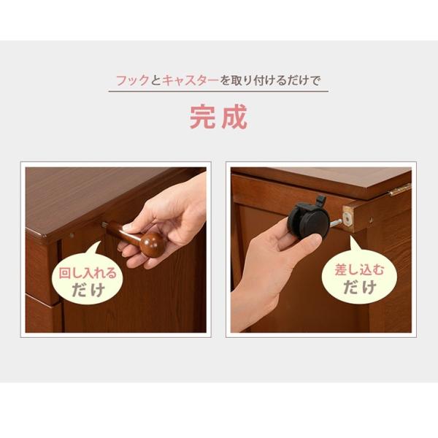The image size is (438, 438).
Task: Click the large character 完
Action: coord(204,117)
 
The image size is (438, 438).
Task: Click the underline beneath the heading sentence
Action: coord(218,91)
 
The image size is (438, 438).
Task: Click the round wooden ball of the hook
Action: coord(153,244)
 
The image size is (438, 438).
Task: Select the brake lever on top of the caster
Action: coord(319,201)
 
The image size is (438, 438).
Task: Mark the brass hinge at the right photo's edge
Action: coord(400,190)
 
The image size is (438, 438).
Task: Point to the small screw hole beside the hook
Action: coord(72,236)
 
